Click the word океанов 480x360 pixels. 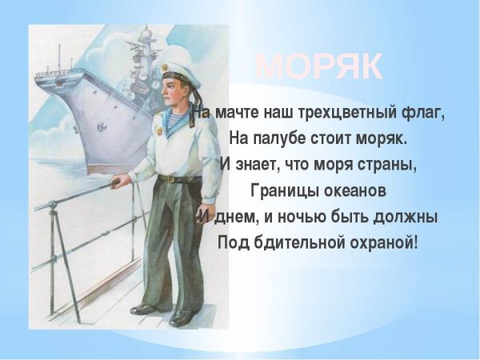[x=354, y=190]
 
